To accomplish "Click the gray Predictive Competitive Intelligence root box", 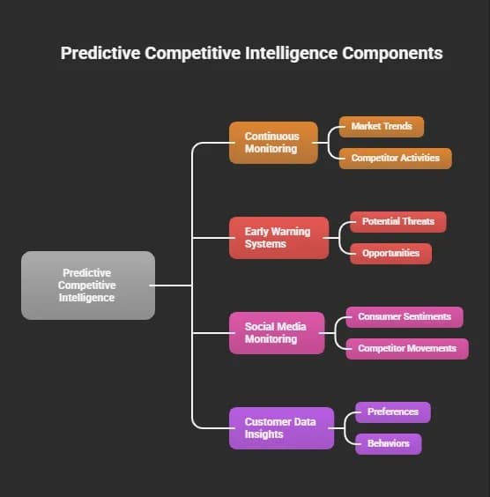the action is pyautogui.click(x=88, y=286).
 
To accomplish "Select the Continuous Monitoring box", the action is pyautogui.click(x=273, y=143).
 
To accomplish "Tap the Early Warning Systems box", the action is pyautogui.click(x=278, y=238).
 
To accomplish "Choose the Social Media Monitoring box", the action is pyautogui.click(x=277, y=333).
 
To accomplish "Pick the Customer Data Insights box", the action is pyautogui.click(x=281, y=428).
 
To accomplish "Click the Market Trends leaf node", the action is pyautogui.click(x=382, y=127).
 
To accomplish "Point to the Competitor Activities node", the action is pyautogui.click(x=396, y=159).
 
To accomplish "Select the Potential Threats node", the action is pyautogui.click(x=398, y=222).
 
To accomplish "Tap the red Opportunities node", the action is pyautogui.click(x=390, y=254).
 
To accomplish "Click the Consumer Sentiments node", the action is pyautogui.click(x=405, y=317).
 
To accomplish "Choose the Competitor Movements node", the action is pyautogui.click(x=407, y=349).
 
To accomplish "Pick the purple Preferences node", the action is pyautogui.click(x=393, y=412).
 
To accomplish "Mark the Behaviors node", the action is pyautogui.click(x=389, y=444).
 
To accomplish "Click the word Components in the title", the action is pyautogui.click(x=392, y=53).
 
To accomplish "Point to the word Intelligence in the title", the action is pyautogui.click(x=292, y=53).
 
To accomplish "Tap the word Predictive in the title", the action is pyautogui.click(x=100, y=53).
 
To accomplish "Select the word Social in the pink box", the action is pyautogui.click(x=257, y=326).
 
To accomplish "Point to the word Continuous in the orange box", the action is pyautogui.click(x=272, y=137).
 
